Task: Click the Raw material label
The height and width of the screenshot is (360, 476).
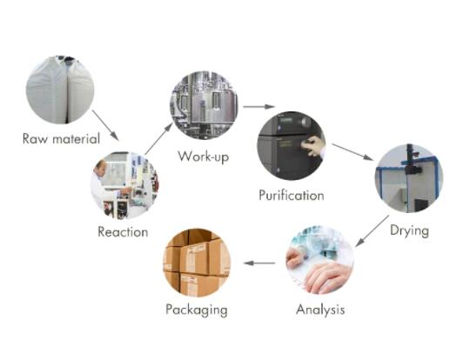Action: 61,139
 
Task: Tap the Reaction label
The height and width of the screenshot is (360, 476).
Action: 123,232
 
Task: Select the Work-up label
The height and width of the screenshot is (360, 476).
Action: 204,157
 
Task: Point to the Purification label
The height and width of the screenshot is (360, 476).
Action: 292,195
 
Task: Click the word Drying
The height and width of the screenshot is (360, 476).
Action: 410,230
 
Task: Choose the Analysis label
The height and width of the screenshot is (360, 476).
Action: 320,310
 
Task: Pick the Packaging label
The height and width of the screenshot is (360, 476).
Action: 197,310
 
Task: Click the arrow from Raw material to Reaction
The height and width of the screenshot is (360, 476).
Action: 105,125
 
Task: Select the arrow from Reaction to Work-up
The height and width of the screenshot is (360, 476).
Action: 158,138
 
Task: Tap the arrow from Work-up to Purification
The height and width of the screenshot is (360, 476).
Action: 259,106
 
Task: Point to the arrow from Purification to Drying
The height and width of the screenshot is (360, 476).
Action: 352,151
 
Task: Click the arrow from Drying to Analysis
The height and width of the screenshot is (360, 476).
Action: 372,231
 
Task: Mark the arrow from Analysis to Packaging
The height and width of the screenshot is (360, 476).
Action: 259,263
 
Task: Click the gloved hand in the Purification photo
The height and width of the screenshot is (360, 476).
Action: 313,146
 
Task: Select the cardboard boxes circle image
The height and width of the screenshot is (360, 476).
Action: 197,263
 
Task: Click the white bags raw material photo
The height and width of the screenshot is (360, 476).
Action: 60,90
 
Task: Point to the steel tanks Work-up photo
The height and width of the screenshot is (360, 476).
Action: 204,105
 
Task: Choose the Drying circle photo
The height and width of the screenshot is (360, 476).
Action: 409,178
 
